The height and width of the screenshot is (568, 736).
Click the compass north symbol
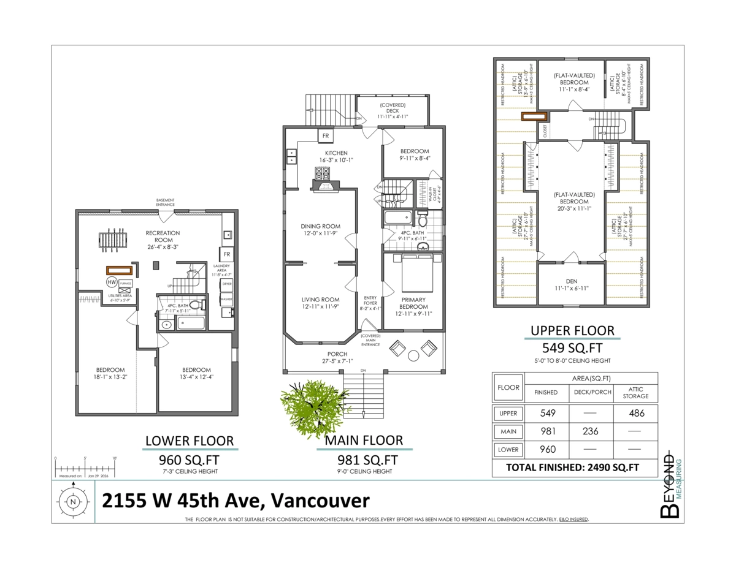(73, 501)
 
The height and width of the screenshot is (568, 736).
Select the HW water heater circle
(112, 282)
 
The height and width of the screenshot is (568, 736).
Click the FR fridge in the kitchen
(326, 136)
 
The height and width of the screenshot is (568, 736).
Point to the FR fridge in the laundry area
(226, 254)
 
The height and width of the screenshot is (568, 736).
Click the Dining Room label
(320, 230)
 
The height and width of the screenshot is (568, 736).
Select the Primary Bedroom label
(413, 303)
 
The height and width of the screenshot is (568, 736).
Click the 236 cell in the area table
(592, 431)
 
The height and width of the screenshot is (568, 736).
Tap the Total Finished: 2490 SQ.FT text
(572, 468)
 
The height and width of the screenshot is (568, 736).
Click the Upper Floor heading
(572, 331)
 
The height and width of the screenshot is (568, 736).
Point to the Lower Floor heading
(189, 441)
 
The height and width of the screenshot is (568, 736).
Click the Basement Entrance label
(165, 202)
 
